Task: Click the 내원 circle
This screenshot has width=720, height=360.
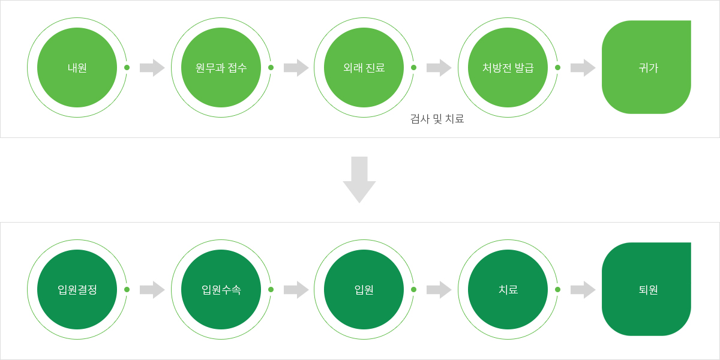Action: tap(77, 68)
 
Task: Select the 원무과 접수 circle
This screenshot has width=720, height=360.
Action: tap(221, 68)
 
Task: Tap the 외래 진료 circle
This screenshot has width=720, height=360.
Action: tap(364, 68)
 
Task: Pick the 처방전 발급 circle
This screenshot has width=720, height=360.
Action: tap(508, 68)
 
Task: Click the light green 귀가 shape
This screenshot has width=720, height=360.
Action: tap(646, 67)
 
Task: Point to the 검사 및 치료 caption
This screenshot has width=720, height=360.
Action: tap(437, 119)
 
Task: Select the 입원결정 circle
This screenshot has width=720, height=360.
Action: tap(77, 290)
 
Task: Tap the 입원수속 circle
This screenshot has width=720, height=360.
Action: tap(221, 290)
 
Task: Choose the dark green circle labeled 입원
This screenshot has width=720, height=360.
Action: tap(364, 290)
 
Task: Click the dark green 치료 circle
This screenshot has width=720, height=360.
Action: tap(508, 290)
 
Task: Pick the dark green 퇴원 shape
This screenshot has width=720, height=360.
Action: tap(646, 289)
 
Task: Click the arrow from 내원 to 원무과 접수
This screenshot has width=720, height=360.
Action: tap(152, 68)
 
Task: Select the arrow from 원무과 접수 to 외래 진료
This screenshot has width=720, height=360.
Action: tap(296, 68)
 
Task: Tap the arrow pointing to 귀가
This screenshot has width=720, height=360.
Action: tap(583, 68)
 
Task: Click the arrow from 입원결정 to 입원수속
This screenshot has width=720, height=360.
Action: tap(152, 290)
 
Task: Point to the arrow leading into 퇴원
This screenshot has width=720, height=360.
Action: tap(583, 290)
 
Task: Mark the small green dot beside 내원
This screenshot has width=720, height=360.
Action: tap(127, 67)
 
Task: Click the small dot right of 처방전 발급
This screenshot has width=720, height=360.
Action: tap(557, 67)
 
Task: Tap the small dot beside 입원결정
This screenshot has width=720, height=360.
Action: tap(127, 289)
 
